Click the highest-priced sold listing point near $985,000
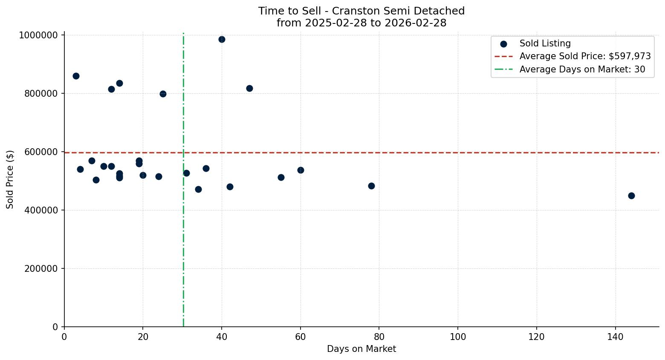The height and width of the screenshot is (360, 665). pos(222,40)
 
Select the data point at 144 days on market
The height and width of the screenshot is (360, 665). pos(631,196)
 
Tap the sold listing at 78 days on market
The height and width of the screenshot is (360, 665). pos(371,186)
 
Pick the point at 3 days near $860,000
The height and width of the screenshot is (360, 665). pos(76,76)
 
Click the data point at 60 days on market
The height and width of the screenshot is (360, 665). pos(301,170)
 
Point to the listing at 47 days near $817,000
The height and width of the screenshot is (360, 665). pos(249,89)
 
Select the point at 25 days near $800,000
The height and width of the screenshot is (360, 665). pos(163,94)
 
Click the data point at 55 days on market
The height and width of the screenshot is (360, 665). pos(281,178)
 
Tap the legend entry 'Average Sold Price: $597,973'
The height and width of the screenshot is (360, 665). pos(585,56)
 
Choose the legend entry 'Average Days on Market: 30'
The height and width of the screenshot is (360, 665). pos(582,69)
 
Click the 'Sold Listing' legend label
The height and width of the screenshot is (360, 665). pos(545,43)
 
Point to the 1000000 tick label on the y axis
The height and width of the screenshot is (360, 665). pos(38,35)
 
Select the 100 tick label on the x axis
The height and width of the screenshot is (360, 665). pos(458,337)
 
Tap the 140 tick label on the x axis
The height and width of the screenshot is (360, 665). pos(615,337)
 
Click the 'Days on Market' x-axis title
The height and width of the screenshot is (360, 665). pos(361,349)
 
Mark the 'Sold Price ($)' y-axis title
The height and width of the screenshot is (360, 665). pos(10,179)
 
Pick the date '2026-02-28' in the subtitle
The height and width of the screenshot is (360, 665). pos(415,23)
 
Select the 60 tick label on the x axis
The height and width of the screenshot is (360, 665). pos(301,337)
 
